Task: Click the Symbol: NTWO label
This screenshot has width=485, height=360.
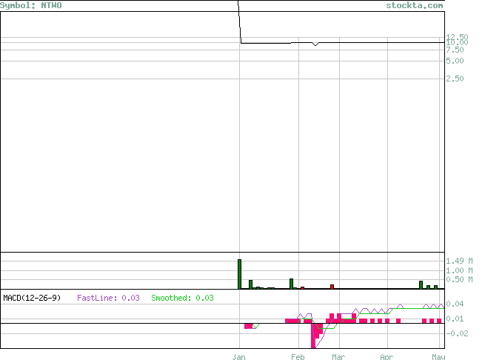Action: (x=31, y=6)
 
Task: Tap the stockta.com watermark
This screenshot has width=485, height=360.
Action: (x=415, y=6)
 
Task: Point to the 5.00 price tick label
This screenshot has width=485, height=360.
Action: (x=455, y=61)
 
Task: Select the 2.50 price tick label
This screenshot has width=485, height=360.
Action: (x=455, y=79)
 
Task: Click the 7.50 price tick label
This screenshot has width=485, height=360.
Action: (x=455, y=50)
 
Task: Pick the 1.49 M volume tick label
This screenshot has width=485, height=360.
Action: (x=459, y=261)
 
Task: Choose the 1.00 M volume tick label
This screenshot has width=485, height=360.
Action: (x=459, y=270)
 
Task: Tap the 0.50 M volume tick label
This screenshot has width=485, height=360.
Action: (x=459, y=279)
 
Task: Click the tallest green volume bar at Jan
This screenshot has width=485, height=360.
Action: (x=239, y=274)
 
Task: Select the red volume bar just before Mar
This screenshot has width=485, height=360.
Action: (x=332, y=287)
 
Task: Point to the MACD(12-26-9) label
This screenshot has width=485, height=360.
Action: (x=32, y=298)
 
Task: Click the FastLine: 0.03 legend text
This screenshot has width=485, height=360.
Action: (x=108, y=298)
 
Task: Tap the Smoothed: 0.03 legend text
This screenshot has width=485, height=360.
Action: (x=182, y=298)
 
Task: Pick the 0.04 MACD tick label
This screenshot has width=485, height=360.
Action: (x=455, y=304)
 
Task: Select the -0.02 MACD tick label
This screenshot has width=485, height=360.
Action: (x=457, y=333)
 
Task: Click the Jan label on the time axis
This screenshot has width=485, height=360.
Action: (x=238, y=357)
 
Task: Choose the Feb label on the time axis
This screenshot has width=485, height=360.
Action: (x=298, y=357)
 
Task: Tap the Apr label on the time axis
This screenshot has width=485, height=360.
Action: (x=387, y=357)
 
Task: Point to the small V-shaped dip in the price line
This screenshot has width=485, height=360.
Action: (x=315, y=45)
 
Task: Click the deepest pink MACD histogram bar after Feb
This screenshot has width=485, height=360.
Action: (x=313, y=336)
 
